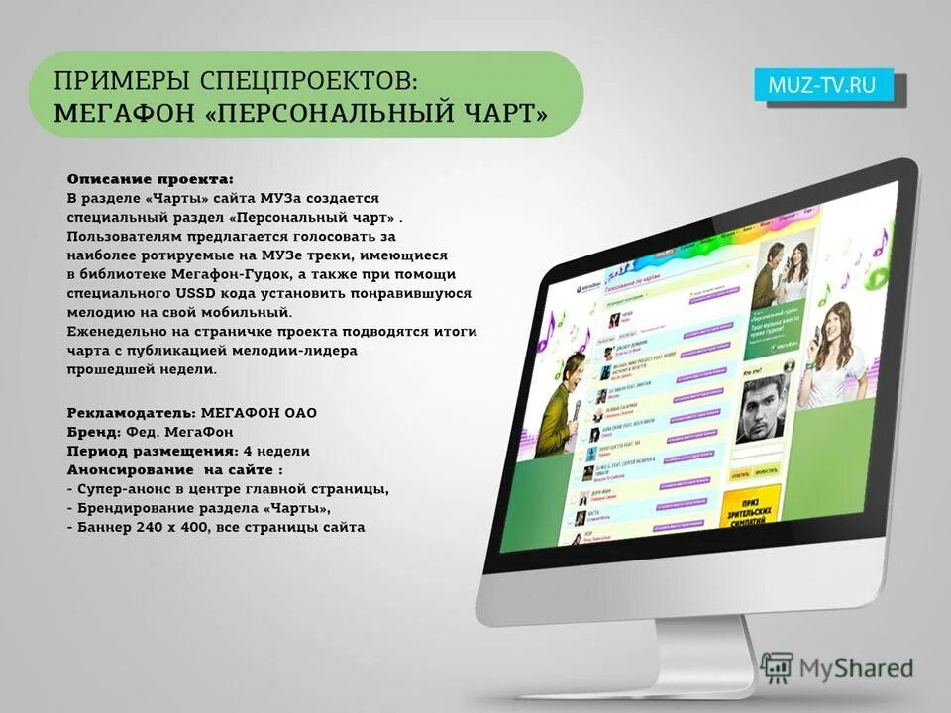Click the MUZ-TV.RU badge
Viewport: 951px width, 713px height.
822,85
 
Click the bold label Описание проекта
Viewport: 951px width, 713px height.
151,179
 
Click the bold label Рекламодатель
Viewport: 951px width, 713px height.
131,411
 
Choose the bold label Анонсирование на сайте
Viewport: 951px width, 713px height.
174,469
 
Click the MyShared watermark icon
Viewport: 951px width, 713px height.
778,668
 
